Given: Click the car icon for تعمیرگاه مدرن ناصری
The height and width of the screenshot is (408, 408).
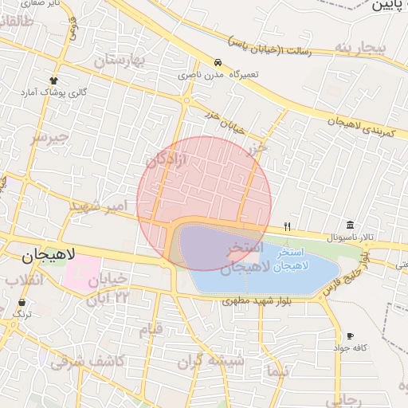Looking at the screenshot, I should point(218,62).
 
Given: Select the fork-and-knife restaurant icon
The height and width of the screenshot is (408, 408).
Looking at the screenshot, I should point(287,226).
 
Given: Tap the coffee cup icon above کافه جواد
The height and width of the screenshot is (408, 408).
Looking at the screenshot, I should point(350,335).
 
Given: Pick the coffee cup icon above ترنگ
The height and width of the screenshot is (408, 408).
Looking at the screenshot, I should point(22,303).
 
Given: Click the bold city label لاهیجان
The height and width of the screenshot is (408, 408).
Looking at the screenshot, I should point(45,256).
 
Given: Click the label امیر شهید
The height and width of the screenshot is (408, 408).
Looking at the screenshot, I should point(99,207).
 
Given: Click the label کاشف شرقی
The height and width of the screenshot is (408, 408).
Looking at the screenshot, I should point(88,361).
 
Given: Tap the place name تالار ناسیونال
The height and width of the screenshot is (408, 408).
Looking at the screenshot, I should point(350,237).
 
